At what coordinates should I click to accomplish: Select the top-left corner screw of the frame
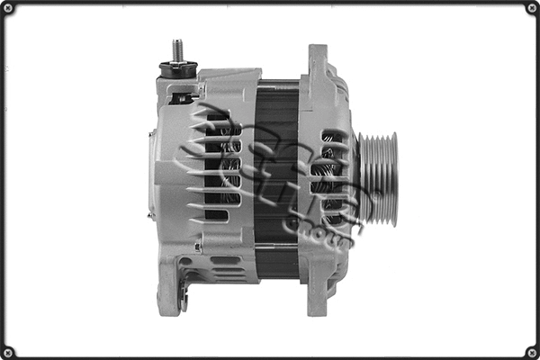[8, 8]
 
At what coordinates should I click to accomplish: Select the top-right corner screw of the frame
[532, 8]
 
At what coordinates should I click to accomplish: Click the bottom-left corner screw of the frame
[8, 352]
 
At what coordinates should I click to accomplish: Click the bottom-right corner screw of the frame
[532, 352]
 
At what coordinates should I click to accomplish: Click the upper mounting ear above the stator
[318, 63]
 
